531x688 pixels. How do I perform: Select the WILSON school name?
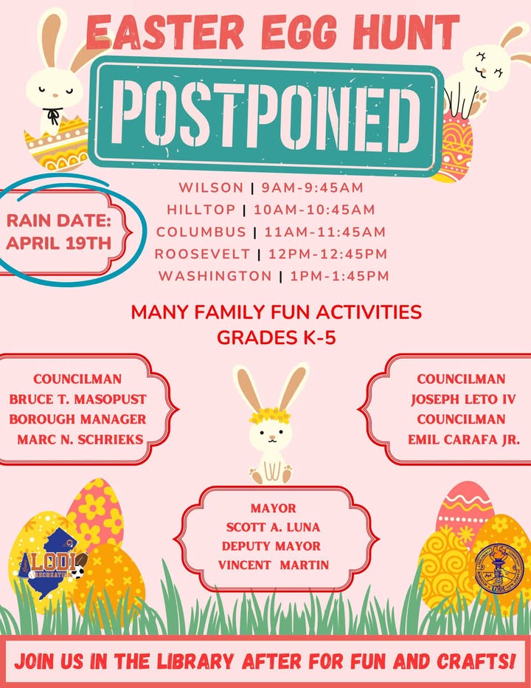[211, 188]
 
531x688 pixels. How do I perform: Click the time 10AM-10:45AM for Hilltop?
[314, 210]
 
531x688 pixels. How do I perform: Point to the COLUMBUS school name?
[201, 232]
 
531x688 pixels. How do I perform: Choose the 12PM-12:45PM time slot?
[328, 254]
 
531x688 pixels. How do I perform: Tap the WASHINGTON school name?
[215, 276]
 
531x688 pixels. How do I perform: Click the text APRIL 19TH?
[59, 243]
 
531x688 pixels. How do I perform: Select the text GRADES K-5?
[277, 337]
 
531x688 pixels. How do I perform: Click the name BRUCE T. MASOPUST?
[77, 399]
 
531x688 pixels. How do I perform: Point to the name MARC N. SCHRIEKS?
[80, 439]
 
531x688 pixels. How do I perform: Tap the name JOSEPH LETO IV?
[463, 399]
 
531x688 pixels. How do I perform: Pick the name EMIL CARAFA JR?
[464, 439]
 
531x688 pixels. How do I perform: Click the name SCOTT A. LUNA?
[273, 527]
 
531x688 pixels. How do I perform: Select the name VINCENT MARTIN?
[274, 565]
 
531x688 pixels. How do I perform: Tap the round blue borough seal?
[499, 568]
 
